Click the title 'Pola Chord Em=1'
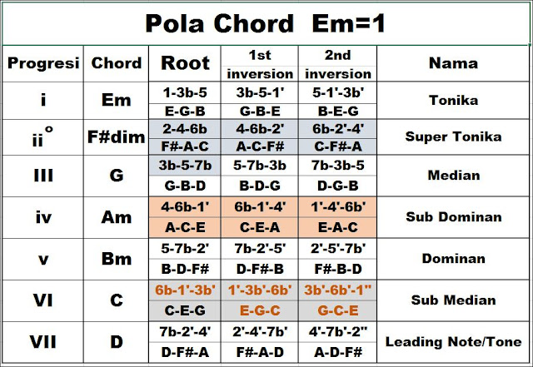point(265,23)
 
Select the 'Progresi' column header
point(42,63)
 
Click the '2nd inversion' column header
point(339,63)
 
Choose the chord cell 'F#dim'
point(117,136)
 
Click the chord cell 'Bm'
point(117,259)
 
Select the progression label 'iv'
point(42,218)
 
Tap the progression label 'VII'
point(42,341)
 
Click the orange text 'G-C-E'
point(339,310)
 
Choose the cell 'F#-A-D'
point(262,351)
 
